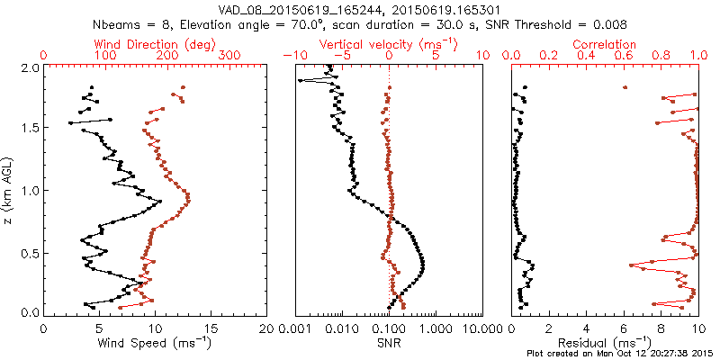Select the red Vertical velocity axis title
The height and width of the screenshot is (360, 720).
[389, 44]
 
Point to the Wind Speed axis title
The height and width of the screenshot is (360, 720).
[155, 343]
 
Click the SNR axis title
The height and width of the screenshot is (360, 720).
[389, 343]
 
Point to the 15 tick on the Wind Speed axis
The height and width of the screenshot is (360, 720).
[211, 328]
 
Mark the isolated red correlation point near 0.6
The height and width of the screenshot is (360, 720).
[625, 87]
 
